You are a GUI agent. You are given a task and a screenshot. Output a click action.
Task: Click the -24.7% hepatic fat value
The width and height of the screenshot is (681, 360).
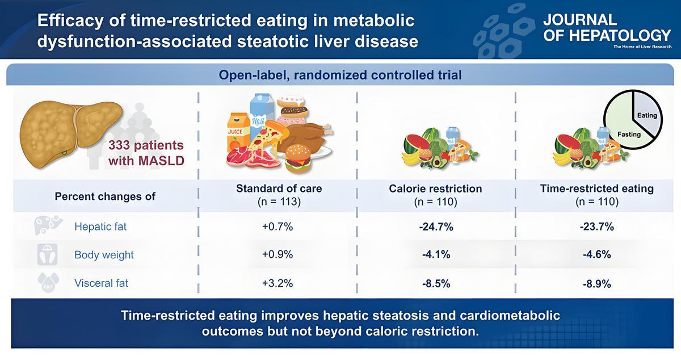[436, 227]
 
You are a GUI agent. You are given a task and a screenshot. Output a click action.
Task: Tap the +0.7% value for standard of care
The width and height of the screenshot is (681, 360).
[278, 227]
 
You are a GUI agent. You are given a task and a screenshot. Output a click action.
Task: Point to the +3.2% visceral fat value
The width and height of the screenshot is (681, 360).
[278, 283]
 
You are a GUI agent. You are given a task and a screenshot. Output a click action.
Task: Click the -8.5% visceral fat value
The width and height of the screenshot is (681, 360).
[436, 283]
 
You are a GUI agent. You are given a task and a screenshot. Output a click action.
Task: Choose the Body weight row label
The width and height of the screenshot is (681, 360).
[104, 255]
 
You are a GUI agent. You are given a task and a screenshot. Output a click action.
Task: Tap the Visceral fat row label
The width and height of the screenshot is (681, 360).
[101, 283]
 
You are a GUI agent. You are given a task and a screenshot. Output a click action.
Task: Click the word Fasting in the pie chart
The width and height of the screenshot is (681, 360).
[628, 135]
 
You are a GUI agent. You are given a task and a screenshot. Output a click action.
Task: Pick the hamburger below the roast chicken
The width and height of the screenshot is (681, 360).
[300, 158]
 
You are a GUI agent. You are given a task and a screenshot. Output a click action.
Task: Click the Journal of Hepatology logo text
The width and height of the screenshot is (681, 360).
[606, 30]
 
